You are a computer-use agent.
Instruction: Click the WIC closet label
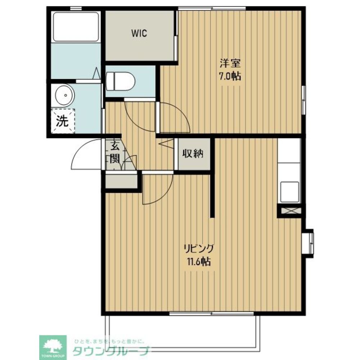139,33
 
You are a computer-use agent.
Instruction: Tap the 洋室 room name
230,63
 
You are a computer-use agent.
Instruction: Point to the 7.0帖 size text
230,76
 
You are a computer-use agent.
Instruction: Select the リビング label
199,249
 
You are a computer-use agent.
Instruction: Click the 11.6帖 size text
199,261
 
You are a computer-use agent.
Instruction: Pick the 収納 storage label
193,154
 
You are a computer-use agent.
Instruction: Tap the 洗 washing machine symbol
63,121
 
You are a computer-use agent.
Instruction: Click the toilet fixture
120,81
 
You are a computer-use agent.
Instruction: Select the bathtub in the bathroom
76,27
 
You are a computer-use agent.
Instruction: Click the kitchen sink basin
289,192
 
